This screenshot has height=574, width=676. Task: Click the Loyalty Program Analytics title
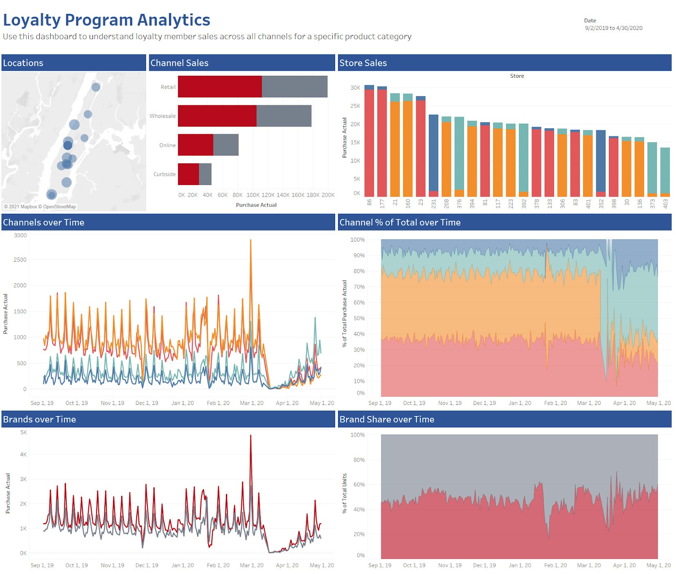click(106, 20)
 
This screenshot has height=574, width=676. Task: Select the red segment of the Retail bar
click(220, 86)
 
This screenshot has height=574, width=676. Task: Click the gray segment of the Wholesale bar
click(284, 116)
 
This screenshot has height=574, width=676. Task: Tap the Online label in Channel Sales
click(167, 145)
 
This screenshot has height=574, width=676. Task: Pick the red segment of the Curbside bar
click(188, 174)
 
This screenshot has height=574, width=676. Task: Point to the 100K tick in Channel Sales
click(253, 195)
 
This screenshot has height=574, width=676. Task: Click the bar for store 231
click(433, 154)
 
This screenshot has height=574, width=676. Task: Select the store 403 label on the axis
click(665, 203)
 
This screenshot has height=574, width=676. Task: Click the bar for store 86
click(369, 141)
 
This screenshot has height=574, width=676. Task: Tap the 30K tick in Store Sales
click(355, 88)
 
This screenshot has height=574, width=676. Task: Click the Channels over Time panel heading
click(44, 222)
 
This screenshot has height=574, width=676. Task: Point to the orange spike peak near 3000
click(250, 240)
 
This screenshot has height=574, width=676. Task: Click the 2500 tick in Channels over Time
click(20, 260)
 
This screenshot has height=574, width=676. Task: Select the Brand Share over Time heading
click(387, 419)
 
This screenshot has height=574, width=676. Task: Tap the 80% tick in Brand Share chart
click(359, 460)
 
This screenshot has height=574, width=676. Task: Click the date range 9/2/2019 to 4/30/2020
click(613, 28)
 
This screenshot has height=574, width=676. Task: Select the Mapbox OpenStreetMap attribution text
click(40, 207)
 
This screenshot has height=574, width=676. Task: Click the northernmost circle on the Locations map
click(96, 87)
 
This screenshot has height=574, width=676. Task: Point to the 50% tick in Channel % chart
click(359, 318)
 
